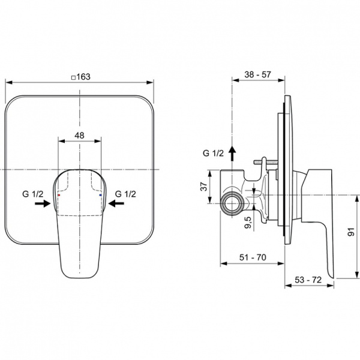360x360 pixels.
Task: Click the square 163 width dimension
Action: (x=82, y=77)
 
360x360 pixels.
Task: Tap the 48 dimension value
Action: (x=79, y=136)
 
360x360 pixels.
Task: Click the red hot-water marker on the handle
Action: (x=58, y=196)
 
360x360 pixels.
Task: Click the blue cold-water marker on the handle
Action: (x=100, y=196)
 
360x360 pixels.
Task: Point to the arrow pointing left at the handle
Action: (x=116, y=204)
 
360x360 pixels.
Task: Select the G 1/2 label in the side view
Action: (x=213, y=154)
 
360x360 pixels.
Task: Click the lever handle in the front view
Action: (x=79, y=228)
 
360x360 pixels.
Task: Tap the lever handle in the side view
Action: (x=317, y=216)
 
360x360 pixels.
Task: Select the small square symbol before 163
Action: (x=73, y=77)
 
